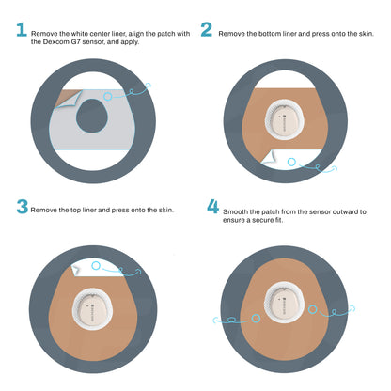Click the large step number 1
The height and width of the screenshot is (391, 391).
pyautogui.click(x=21, y=31)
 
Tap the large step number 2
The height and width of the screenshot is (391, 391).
pyautogui.click(x=206, y=30)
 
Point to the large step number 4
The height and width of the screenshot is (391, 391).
pyautogui.click(x=212, y=206)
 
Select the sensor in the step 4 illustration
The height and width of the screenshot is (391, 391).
pyautogui.click(x=289, y=302)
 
